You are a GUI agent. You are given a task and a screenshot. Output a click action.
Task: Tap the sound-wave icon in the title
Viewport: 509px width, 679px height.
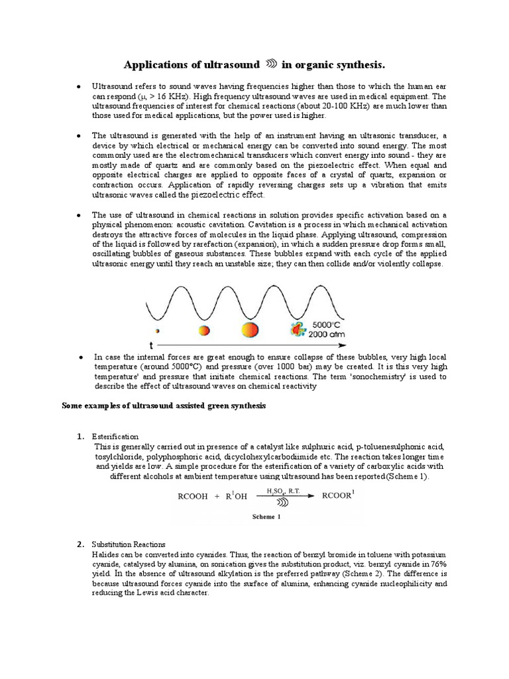pos(270,64)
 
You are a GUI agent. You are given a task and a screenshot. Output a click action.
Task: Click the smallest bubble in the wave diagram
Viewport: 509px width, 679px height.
pos(157,330)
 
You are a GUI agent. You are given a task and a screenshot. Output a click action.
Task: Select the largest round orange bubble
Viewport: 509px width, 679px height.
pos(250,330)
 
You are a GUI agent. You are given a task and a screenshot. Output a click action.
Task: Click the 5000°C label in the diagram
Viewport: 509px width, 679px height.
pos(327,325)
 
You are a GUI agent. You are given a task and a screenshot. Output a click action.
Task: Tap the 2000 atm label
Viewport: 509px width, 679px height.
pos(328,335)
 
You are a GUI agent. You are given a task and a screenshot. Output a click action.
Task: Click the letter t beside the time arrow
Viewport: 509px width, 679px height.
pos(152,345)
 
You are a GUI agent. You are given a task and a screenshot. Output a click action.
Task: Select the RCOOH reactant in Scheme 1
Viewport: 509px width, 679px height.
pos(194,495)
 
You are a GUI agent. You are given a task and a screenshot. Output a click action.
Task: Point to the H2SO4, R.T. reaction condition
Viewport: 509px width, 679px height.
pos(281,491)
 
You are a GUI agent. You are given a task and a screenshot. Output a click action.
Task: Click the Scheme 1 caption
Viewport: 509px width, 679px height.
pos(266,517)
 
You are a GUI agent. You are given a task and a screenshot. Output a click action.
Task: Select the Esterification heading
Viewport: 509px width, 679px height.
pos(115,436)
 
